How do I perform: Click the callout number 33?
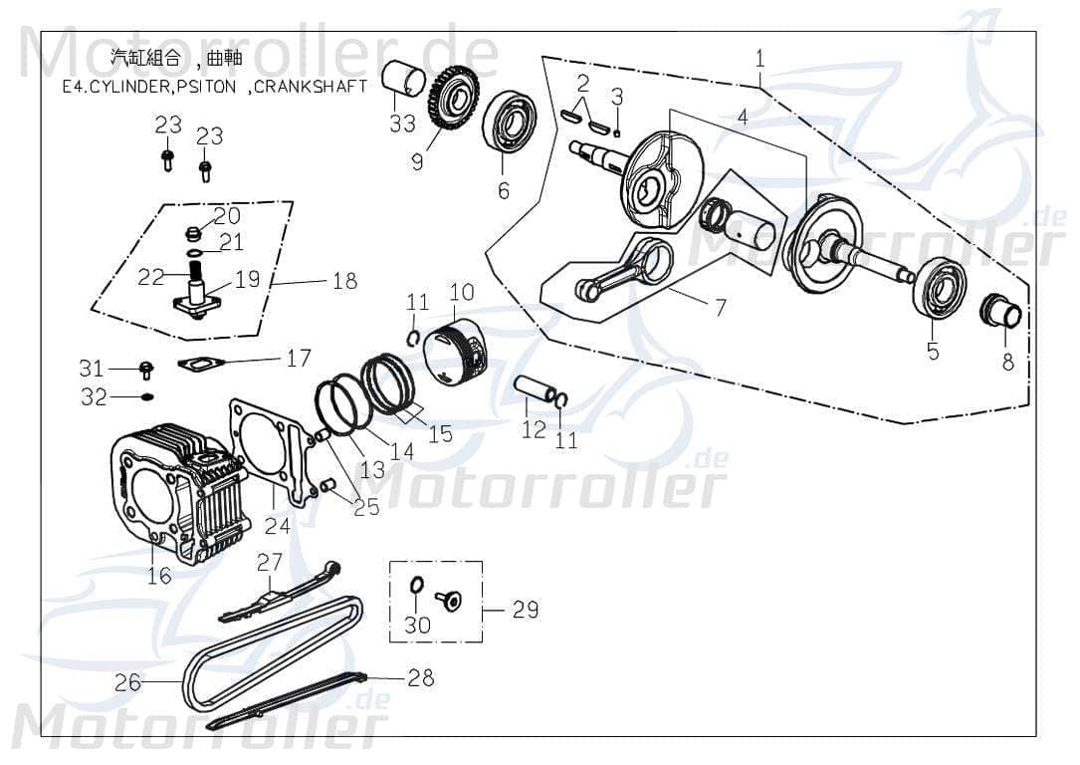click(x=402, y=125)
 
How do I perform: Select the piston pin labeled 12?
click(x=535, y=389)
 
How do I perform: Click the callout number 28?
click(x=421, y=677)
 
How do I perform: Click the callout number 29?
click(x=526, y=609)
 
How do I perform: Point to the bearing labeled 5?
click(x=941, y=286)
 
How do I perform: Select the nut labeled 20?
click(x=195, y=235)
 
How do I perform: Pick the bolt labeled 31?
click(x=146, y=370)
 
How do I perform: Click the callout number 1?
click(x=759, y=58)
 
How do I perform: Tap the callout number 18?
click(x=344, y=281)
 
